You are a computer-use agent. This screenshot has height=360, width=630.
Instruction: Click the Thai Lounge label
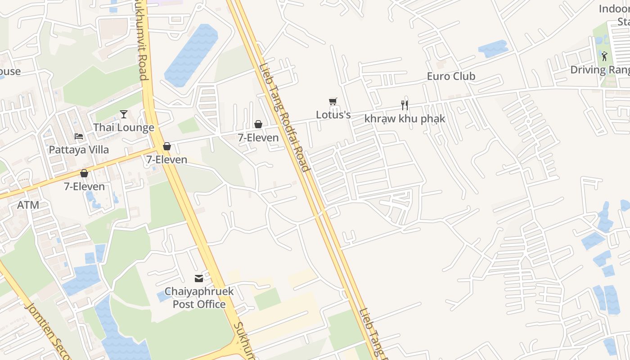tap(124, 128)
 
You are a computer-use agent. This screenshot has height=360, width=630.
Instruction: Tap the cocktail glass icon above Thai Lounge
tap(124, 114)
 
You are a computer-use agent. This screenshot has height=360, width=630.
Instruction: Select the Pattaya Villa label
tap(79, 150)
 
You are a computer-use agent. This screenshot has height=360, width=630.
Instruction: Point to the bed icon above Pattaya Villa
tap(79, 136)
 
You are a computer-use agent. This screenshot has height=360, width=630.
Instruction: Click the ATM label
tap(28, 205)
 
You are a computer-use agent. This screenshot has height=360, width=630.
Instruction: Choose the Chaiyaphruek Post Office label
tap(199, 298)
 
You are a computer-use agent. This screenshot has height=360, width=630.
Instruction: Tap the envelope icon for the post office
tap(199, 279)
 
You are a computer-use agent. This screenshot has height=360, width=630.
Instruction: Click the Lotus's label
tap(333, 115)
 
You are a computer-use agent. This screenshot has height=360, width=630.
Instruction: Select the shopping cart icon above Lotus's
tap(333, 102)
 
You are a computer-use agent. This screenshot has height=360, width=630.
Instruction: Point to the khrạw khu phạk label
tap(405, 119)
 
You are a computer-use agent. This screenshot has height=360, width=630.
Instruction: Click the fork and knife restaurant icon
tap(405, 105)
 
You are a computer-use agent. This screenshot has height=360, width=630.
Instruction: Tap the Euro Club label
tap(451, 76)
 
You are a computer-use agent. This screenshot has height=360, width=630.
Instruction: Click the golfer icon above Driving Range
tap(604, 57)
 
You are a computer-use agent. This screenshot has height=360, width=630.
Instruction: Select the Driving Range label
tap(600, 70)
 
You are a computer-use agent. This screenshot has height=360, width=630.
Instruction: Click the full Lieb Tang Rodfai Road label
tap(284, 117)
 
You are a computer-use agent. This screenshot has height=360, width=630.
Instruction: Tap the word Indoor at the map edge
tap(614, 9)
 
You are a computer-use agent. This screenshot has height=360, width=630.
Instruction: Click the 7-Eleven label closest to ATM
tap(84, 187)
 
